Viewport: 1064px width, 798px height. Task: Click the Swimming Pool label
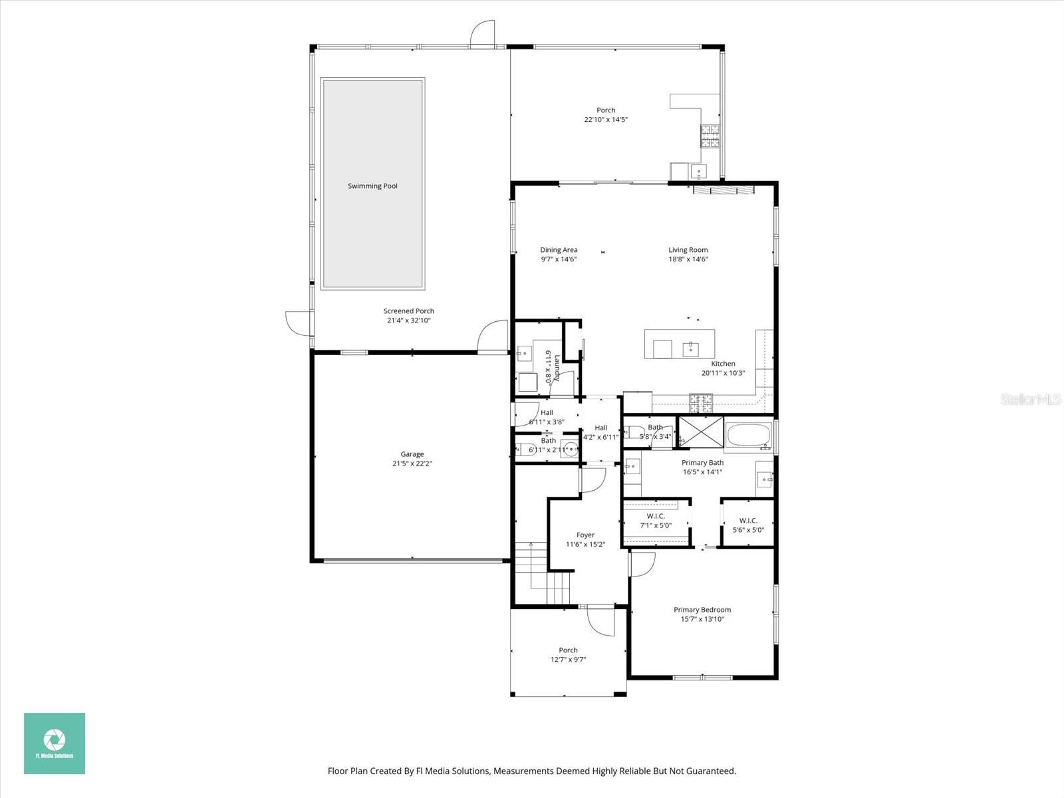[x=372, y=186]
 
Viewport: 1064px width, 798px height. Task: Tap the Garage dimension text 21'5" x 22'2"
[x=412, y=464]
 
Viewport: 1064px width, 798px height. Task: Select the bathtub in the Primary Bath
[x=749, y=437]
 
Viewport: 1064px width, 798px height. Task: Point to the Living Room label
[x=688, y=250]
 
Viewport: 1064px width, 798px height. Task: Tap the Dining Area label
[x=559, y=250]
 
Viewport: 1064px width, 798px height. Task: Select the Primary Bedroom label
[x=702, y=610]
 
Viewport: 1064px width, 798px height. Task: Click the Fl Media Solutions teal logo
[x=55, y=743]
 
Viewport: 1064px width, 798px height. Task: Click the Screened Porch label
[x=409, y=311]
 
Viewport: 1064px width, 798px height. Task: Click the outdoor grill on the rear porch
[x=709, y=136]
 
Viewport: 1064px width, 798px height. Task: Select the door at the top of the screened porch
[x=482, y=35]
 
